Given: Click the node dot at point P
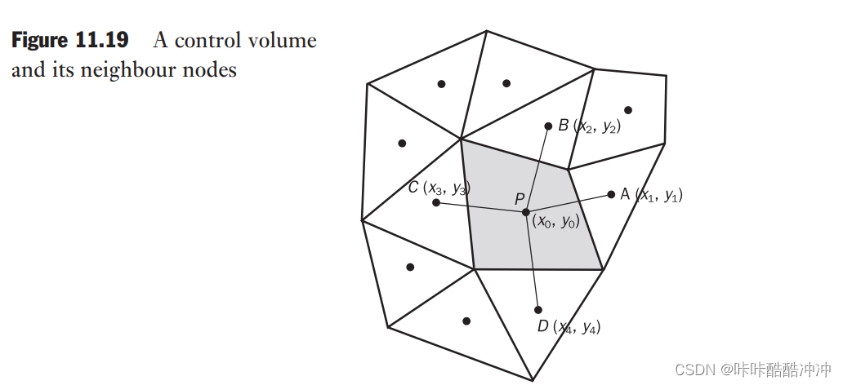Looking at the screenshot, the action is (x=526, y=212).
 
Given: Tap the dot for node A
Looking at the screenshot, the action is (x=611, y=194).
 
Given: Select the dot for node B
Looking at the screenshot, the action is (x=549, y=126).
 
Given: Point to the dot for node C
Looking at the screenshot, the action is (x=436, y=201).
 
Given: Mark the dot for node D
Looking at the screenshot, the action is (x=537, y=310).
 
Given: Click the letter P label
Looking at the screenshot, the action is (x=520, y=199).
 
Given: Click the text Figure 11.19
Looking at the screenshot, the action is (x=69, y=41).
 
